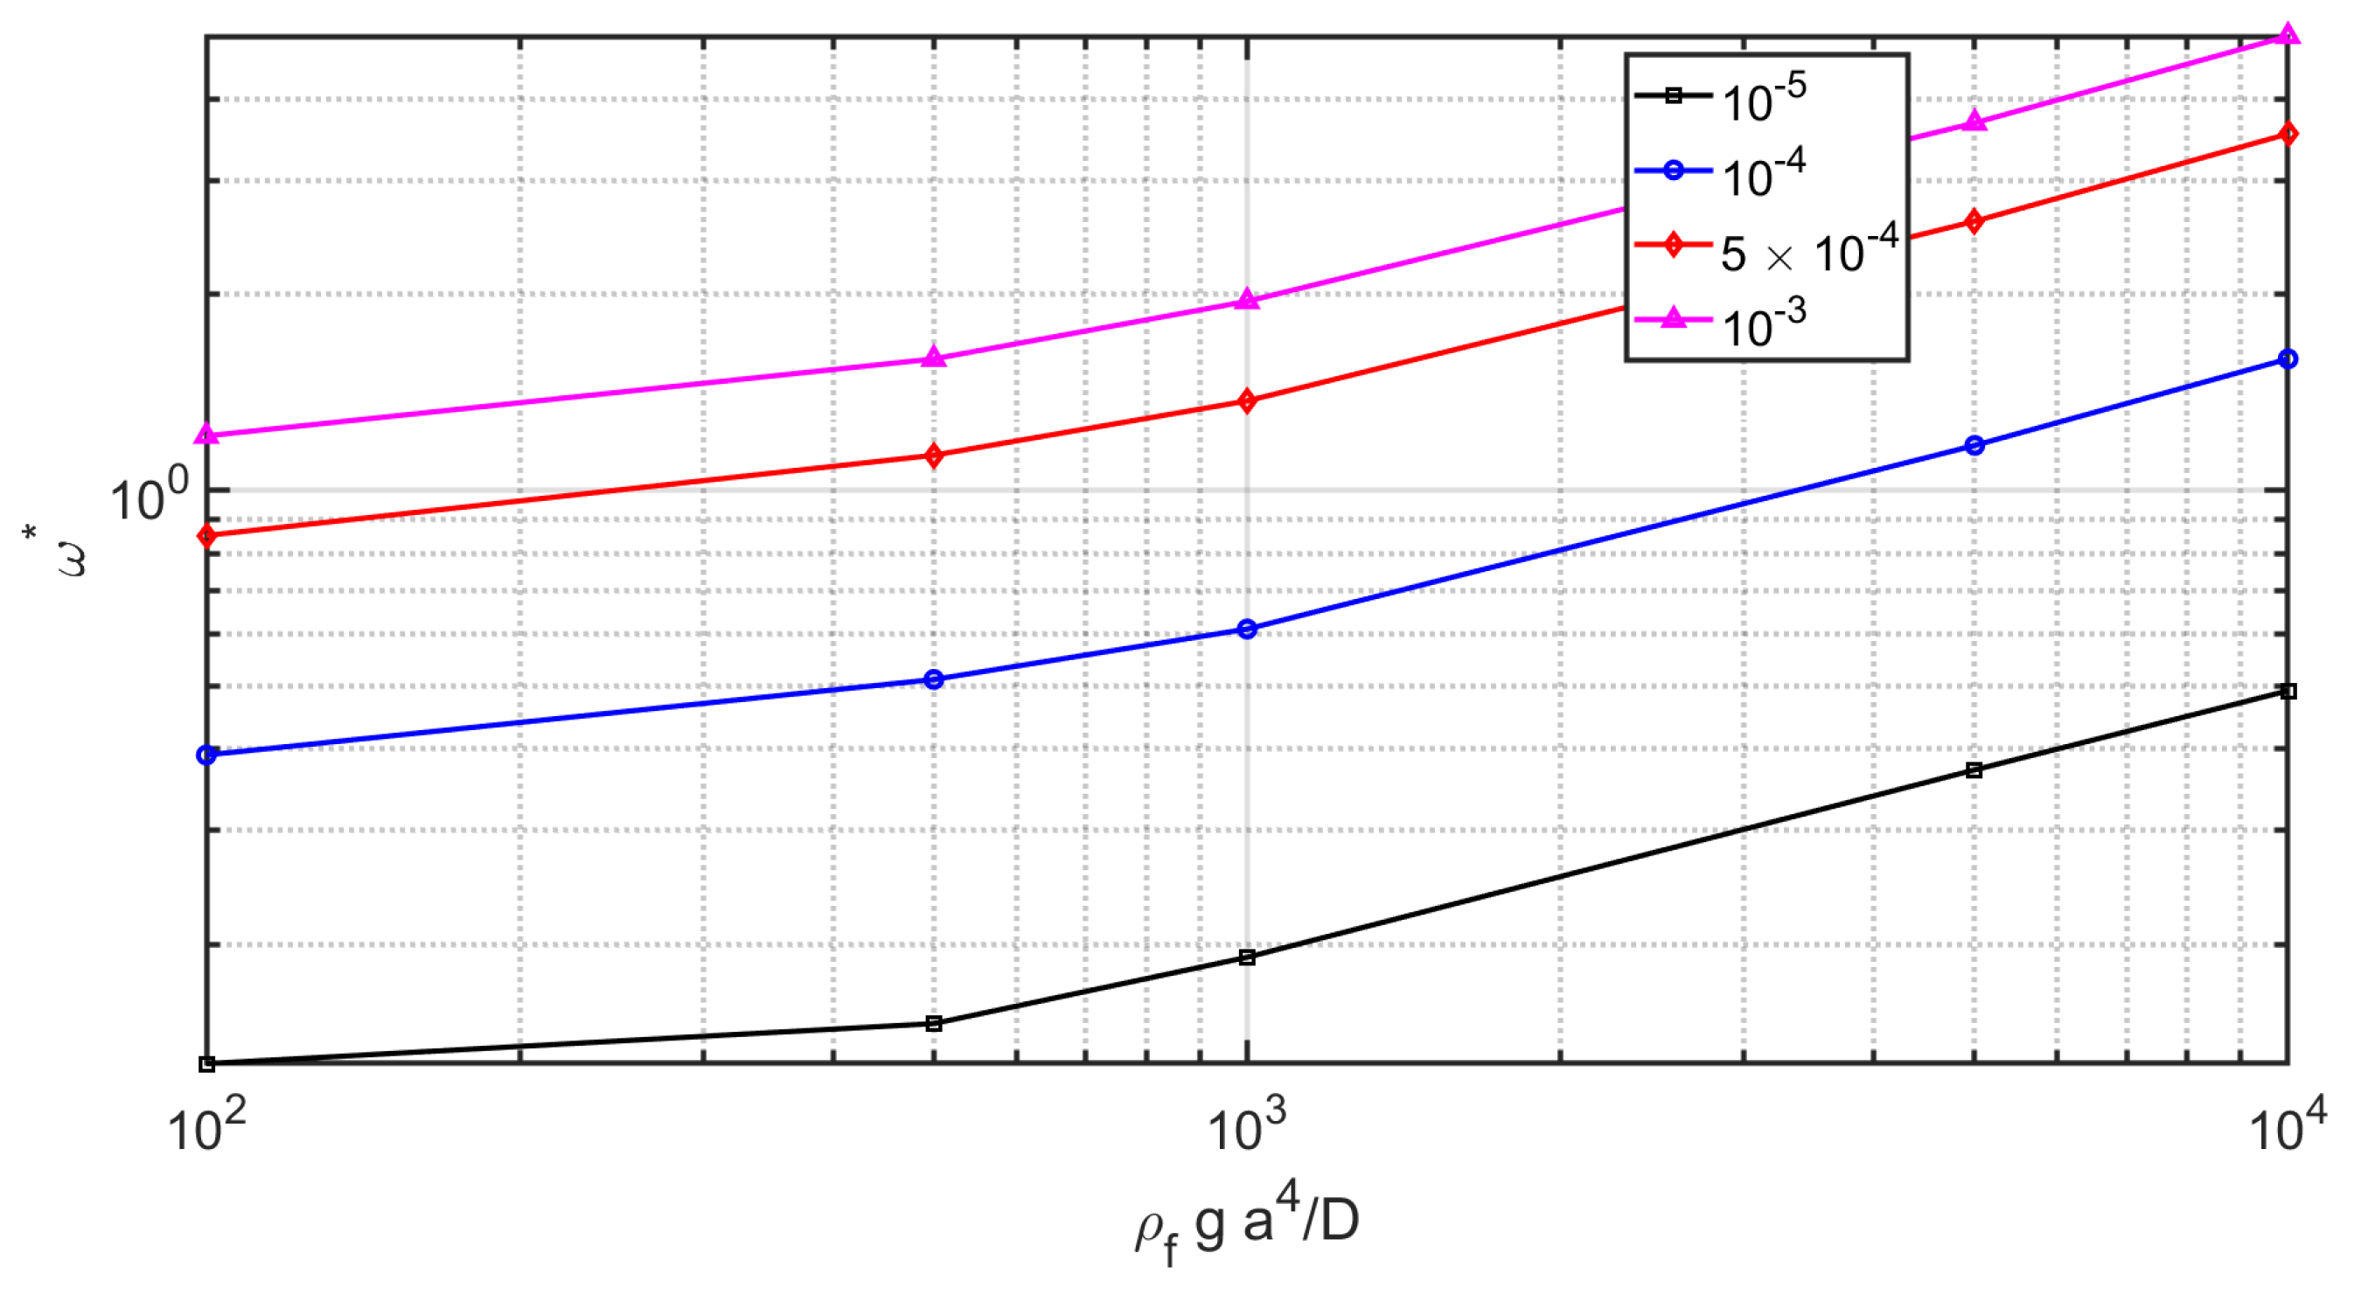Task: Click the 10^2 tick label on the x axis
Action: [x=206, y=1126]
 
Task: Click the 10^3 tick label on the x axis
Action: [x=1246, y=1126]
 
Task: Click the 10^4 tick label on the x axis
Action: [x=2288, y=1126]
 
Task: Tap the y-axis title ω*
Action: [x=69, y=553]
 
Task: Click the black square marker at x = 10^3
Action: [x=1247, y=957]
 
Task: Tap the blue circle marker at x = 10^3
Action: [x=1247, y=629]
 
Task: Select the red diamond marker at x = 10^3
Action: [x=1247, y=400]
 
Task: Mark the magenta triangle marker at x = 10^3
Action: [x=1247, y=300]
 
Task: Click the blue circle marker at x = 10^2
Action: [x=207, y=755]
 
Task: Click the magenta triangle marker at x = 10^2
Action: [x=207, y=435]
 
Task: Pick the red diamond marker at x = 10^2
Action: [x=207, y=536]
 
